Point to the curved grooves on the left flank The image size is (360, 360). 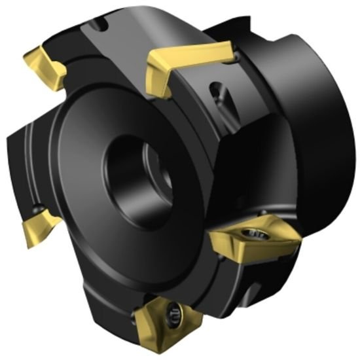point(20,157)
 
